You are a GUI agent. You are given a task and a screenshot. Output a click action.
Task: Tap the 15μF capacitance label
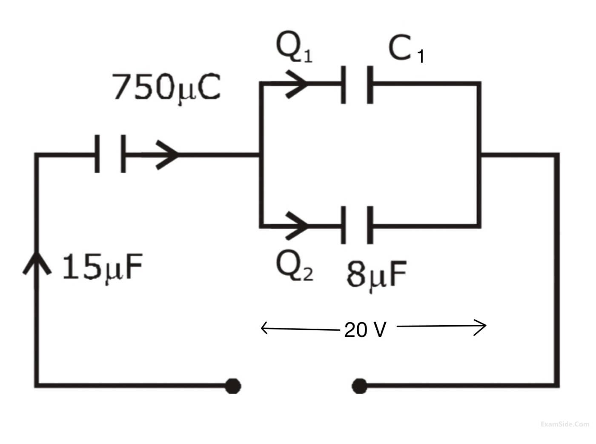101,268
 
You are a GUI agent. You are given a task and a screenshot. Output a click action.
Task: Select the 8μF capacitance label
376,275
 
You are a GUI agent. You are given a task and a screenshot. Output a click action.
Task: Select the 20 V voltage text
365,329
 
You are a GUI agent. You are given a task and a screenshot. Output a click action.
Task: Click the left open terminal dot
232,386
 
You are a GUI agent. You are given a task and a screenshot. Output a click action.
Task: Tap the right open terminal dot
360,386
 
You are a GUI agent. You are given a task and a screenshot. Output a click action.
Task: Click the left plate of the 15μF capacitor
97,154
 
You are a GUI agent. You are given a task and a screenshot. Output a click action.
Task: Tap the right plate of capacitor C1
370,84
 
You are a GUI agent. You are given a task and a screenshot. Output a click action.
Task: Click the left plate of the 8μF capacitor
343,225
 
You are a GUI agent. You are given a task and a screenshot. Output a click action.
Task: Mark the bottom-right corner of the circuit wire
556,386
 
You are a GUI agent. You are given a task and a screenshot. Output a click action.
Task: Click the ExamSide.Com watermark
564,424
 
